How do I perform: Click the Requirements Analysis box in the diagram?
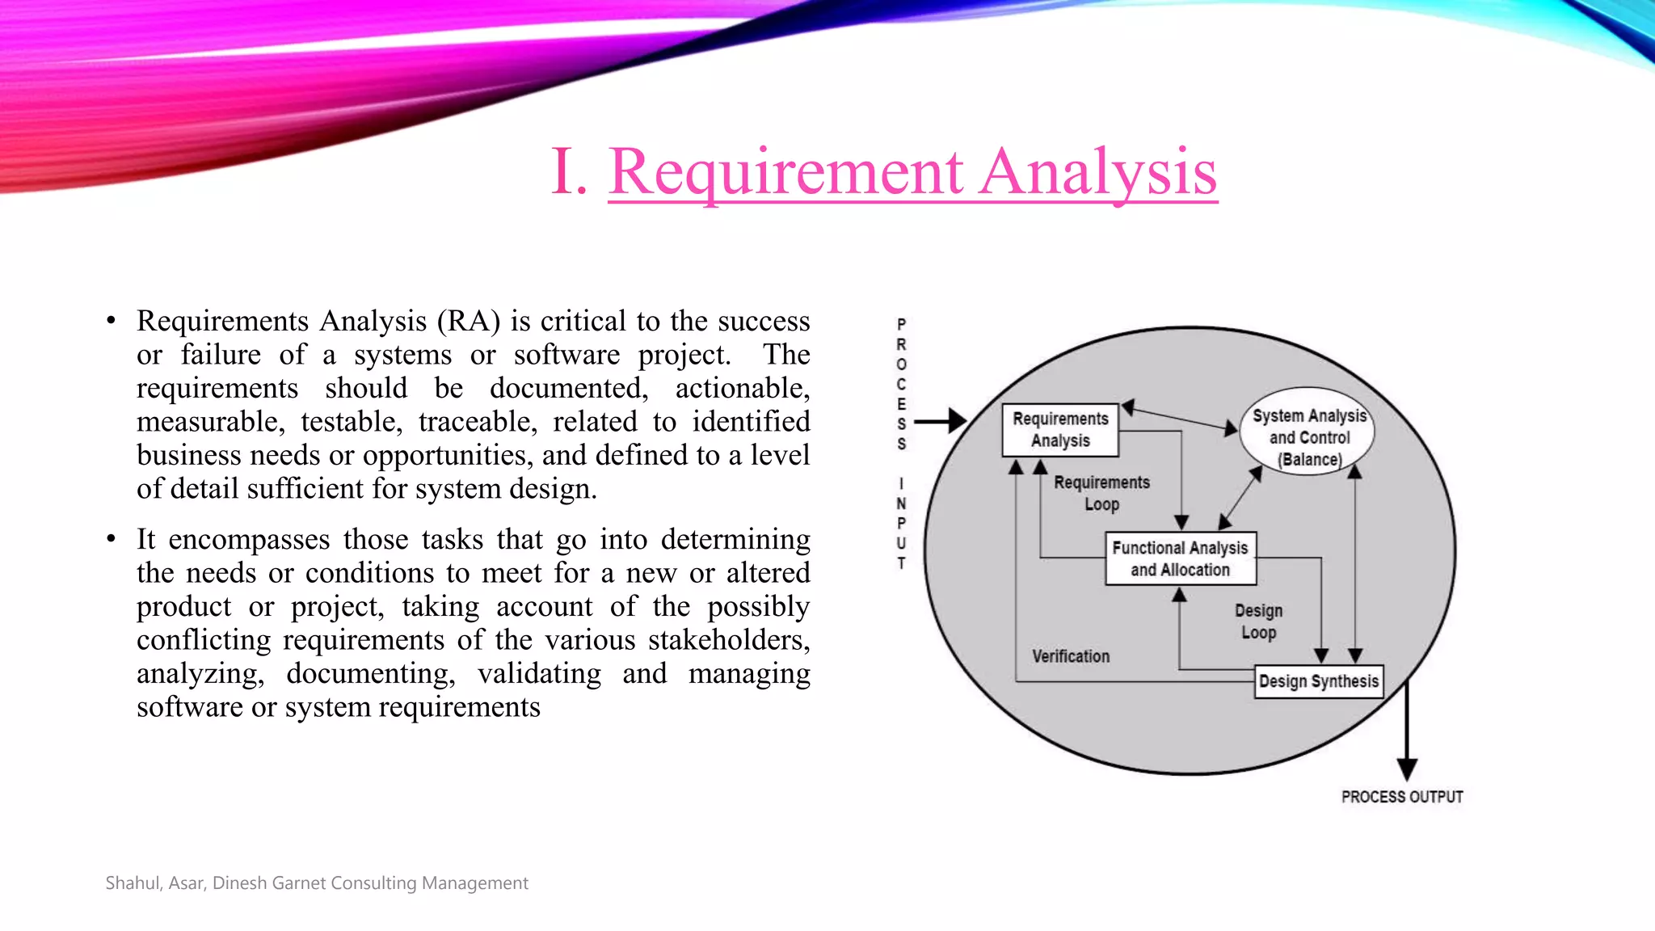1060,430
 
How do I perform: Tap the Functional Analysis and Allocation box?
1180,558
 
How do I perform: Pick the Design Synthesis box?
1318,681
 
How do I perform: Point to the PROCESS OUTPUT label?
1402,797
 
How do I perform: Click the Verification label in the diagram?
1071,656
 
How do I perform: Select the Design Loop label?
1258,621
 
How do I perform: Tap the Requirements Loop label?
1101,493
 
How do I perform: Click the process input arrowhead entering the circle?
958,420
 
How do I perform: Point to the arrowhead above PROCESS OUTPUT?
1407,769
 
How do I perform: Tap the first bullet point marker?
112,322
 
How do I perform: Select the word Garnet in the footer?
299,883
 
